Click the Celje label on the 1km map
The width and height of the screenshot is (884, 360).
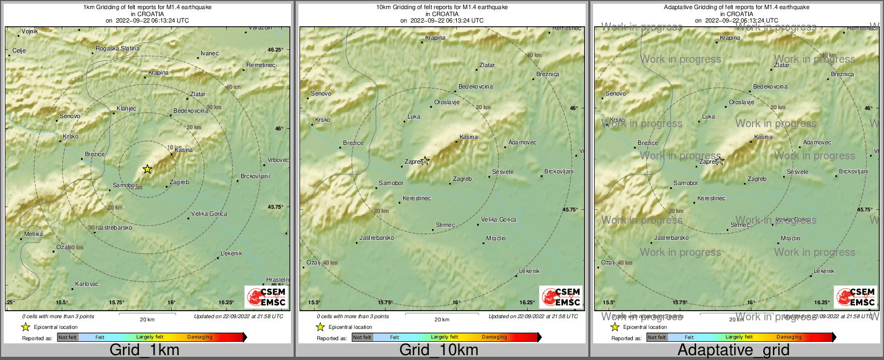click(19, 51)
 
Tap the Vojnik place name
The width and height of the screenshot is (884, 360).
click(30, 32)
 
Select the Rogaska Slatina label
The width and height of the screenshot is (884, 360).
click(117, 49)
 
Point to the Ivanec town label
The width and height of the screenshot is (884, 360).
click(209, 54)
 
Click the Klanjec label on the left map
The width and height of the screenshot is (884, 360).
click(126, 109)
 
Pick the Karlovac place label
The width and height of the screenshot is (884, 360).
click(86, 284)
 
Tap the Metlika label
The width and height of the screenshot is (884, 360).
click(33, 234)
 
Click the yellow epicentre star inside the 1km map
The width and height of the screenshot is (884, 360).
click(148, 169)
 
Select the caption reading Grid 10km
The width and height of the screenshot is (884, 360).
click(439, 350)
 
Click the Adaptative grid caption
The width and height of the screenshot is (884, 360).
click(733, 350)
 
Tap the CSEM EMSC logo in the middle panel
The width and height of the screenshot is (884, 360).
click(561, 297)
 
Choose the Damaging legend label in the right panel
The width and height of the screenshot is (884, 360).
click(789, 337)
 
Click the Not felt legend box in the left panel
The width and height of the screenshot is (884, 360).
click(68, 337)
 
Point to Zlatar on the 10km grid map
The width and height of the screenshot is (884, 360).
click(487, 65)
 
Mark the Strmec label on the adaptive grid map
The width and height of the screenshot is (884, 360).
click(740, 225)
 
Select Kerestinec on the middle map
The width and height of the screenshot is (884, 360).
click(417, 199)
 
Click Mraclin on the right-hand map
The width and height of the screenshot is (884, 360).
click(791, 239)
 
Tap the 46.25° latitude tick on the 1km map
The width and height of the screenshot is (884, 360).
click(275, 50)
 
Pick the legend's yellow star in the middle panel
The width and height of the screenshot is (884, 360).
click(320, 327)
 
